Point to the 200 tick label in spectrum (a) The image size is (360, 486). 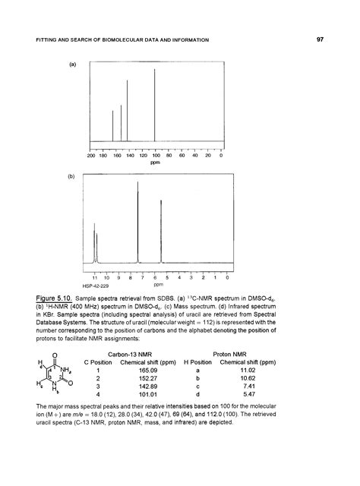coord(91,156)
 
